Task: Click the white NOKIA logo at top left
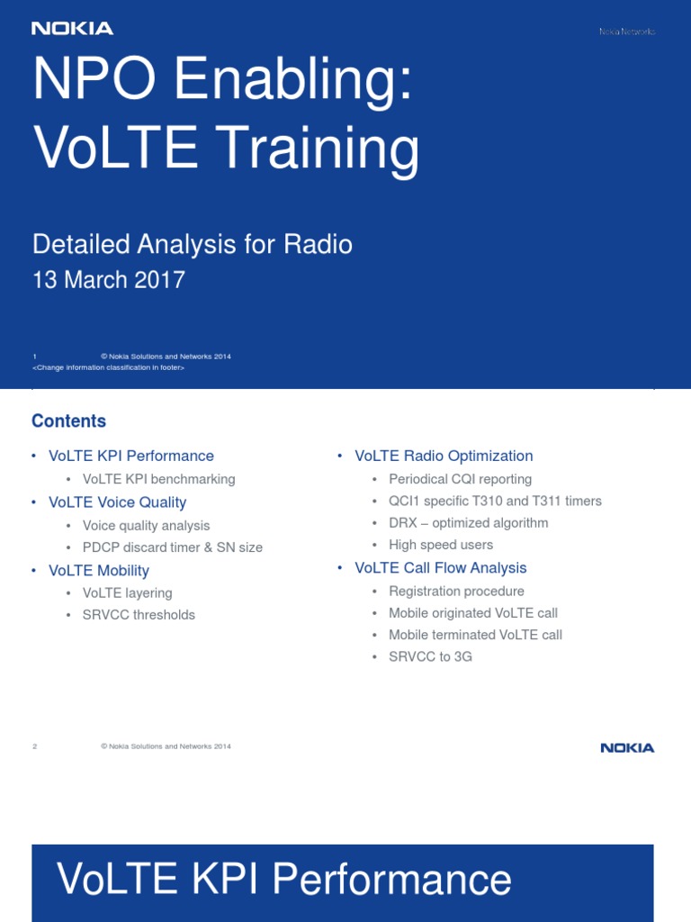tap(72, 29)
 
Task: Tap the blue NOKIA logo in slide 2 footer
tap(627, 747)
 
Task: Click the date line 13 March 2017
tap(109, 280)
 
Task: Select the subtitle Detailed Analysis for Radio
tap(193, 244)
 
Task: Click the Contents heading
tap(68, 421)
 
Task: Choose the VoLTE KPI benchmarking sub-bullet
tap(158, 479)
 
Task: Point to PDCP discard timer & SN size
tap(173, 547)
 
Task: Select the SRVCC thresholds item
tap(139, 615)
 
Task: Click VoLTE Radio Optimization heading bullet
tap(444, 456)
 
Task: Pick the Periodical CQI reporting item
tap(460, 479)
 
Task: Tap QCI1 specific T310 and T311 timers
tap(495, 501)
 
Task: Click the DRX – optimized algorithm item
tap(468, 523)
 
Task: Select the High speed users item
tap(441, 545)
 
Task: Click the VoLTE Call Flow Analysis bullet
tap(441, 568)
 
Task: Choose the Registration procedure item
tap(456, 592)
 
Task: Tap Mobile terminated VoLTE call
tap(475, 635)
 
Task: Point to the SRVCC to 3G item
tap(430, 657)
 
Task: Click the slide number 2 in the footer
tap(34, 746)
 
